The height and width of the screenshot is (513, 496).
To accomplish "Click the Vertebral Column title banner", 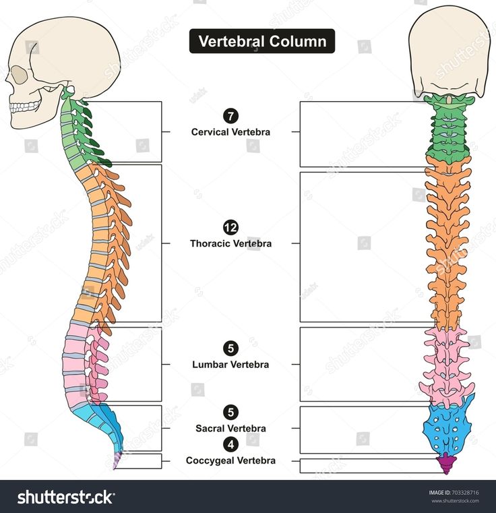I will click(x=261, y=41).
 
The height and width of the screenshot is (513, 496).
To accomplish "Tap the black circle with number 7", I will click(x=231, y=116).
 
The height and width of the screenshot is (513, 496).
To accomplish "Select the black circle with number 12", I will click(x=231, y=227).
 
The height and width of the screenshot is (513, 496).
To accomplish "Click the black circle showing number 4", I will click(x=231, y=444).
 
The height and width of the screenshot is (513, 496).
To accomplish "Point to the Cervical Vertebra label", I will click(x=231, y=132).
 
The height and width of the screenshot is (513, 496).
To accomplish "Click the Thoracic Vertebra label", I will click(x=231, y=243).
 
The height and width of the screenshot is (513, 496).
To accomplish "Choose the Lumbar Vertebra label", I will click(x=231, y=365).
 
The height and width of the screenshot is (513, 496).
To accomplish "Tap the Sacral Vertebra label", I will click(x=231, y=428).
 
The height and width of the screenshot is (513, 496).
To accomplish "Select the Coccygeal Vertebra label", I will click(x=231, y=460).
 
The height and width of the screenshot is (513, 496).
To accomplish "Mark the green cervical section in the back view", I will click(x=449, y=128).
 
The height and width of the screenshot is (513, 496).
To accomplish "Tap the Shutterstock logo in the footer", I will click(x=65, y=497).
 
